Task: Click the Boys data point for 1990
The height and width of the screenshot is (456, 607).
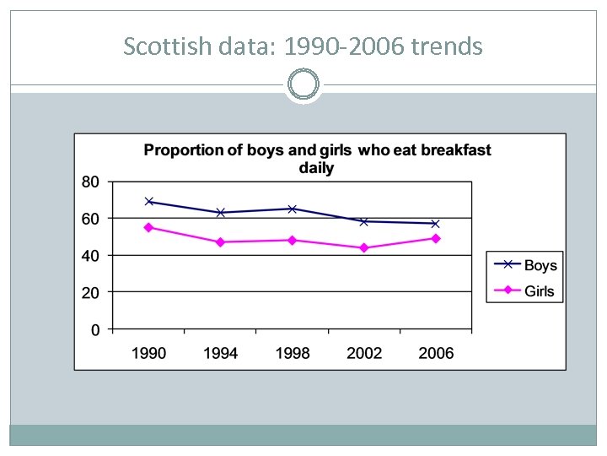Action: (x=149, y=202)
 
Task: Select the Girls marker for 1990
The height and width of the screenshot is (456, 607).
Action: (x=149, y=227)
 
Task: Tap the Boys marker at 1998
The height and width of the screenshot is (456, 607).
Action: (x=293, y=209)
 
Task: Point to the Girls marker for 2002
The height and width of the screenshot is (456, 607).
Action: (x=364, y=247)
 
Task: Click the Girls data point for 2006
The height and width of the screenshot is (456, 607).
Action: (x=436, y=238)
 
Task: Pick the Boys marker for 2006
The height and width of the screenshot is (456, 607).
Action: (x=436, y=224)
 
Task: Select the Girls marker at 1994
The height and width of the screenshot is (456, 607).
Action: (x=221, y=242)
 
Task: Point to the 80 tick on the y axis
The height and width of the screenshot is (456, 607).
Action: (x=90, y=182)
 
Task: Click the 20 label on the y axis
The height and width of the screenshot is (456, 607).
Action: (x=90, y=292)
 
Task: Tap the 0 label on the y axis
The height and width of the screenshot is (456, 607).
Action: (x=95, y=329)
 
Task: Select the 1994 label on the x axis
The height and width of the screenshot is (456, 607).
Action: (x=221, y=353)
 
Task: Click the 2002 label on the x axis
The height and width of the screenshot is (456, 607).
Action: (x=364, y=353)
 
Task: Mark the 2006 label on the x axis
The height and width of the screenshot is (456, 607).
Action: (x=436, y=353)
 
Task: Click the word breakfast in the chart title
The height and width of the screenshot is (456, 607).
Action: (x=455, y=150)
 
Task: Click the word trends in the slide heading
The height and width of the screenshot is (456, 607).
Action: (x=447, y=46)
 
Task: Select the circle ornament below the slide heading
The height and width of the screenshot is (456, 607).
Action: (x=303, y=84)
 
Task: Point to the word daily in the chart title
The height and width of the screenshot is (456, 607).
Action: (x=316, y=168)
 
